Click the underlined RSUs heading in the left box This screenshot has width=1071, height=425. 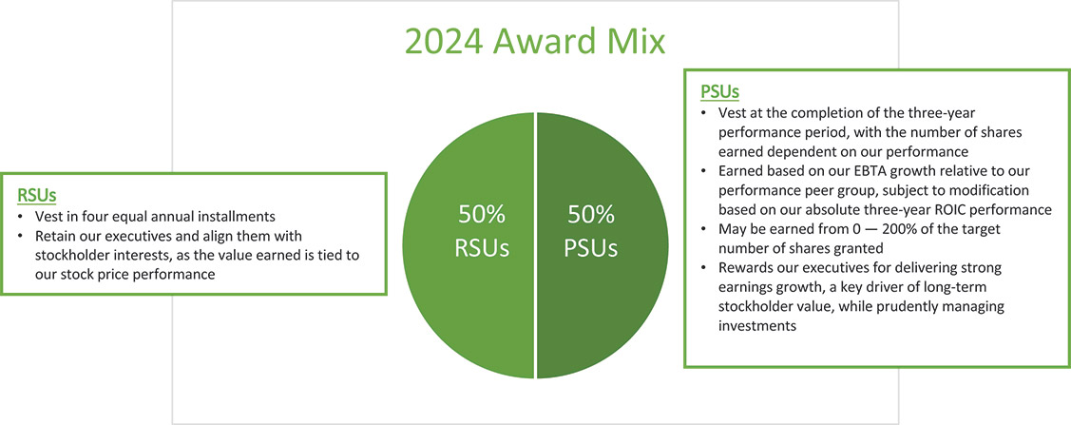37,196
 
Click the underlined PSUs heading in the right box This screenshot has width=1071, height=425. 719,92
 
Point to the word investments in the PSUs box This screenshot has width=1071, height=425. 755,325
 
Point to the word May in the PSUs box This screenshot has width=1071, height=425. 735,229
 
